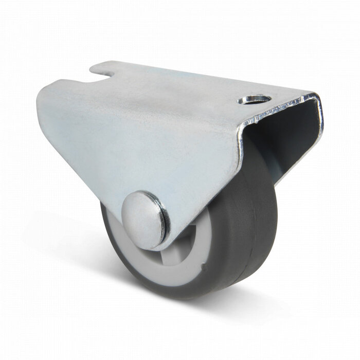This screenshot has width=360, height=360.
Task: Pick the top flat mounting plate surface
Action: [195, 82]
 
